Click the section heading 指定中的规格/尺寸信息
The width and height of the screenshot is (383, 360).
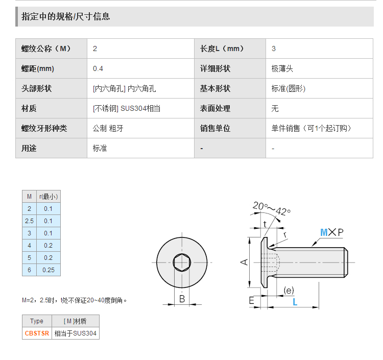pos(65,17)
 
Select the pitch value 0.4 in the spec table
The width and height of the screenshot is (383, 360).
pos(98,68)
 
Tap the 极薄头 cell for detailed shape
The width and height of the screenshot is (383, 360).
pos(282,68)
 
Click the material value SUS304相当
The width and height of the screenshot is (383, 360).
pos(140,108)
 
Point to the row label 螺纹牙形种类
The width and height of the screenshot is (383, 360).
pos(44,129)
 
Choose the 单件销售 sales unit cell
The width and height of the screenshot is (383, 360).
pos(311,129)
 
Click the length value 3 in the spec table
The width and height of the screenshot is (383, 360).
pos(274,49)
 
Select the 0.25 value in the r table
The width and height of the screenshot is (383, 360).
pos(49,270)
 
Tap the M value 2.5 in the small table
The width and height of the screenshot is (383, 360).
pos(29,221)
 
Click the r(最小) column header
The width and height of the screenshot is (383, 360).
pos(49,197)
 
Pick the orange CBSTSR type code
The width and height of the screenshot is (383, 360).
pos(37,333)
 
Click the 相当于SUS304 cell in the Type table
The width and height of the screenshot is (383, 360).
pos(75,333)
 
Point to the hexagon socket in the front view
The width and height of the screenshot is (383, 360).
pos(182,262)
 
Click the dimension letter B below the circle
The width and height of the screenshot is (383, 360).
pos(182,299)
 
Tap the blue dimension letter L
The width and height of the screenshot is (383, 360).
pos(295,302)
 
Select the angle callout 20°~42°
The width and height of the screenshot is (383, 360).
pos(271,208)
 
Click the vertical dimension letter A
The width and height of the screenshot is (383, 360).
pos(244,262)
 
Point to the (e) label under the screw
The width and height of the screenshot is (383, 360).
pos(289,291)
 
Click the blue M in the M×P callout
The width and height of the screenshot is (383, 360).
pos(324,232)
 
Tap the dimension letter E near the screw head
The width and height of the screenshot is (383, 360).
pos(251,300)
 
